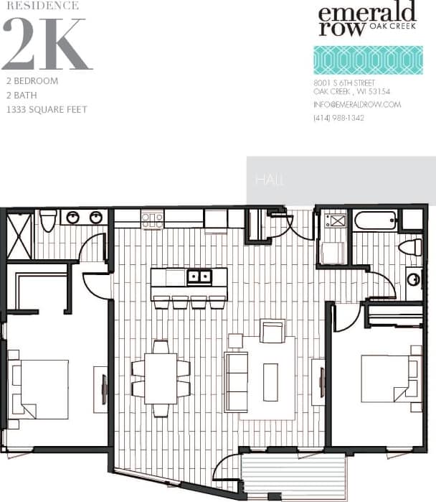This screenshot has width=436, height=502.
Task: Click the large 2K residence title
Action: pos(47,45)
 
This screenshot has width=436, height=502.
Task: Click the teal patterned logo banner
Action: pos(367,60)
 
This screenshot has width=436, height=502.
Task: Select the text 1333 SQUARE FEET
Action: pos(46,110)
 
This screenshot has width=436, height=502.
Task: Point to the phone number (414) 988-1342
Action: pos(338,118)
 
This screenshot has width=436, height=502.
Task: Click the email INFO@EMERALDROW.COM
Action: pos(357,105)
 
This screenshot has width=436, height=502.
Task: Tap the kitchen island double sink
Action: pos(199,276)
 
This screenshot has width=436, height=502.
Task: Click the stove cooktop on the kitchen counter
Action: pos(152,218)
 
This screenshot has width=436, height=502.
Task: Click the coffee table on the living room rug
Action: pos(270,381)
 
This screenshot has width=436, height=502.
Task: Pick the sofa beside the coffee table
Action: pos(237,381)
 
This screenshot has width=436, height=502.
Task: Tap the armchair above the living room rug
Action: pos(272,331)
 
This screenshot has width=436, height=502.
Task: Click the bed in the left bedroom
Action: pos(42,389)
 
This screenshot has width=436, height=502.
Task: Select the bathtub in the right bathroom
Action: pos(374,220)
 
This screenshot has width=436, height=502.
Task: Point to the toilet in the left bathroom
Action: pos(48,220)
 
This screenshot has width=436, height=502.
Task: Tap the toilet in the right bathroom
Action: pos(411,248)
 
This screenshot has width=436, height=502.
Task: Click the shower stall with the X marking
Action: pos(19,235)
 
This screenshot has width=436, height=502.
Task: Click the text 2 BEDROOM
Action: pos(32,81)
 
